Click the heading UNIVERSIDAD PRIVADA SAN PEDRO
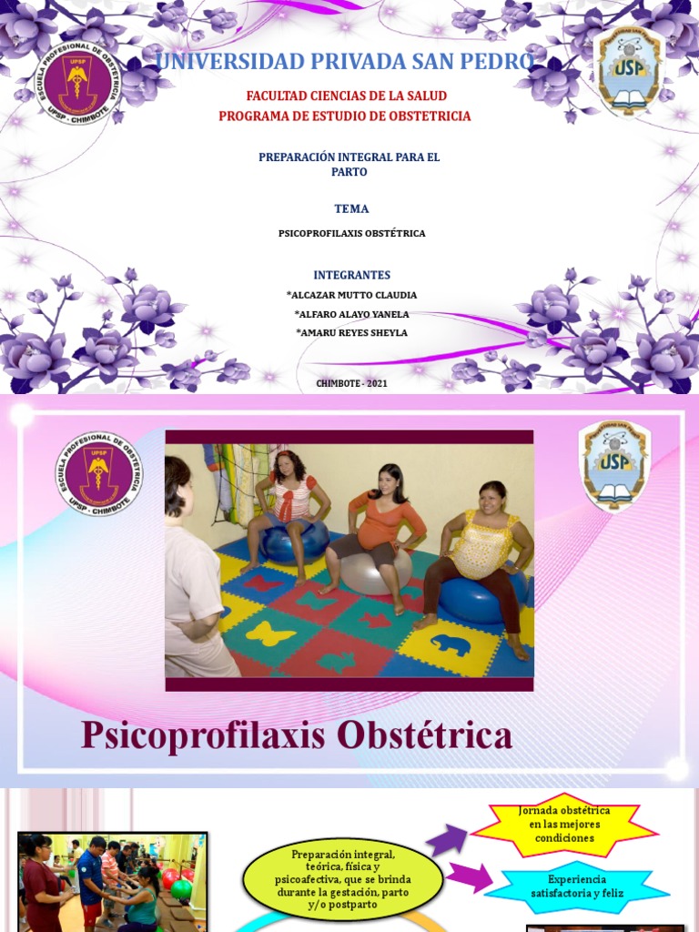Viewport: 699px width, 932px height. pos(345,62)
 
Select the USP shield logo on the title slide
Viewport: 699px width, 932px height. pos(628,72)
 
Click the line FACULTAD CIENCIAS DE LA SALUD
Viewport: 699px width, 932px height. pos(346,96)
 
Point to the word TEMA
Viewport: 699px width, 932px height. pos(351,208)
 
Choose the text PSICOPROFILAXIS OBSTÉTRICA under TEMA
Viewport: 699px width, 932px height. pos(351,234)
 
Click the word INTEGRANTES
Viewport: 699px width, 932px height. pos(351,275)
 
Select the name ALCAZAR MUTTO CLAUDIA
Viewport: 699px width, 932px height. pos(351,295)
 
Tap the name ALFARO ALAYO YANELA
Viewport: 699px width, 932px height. pos(351,314)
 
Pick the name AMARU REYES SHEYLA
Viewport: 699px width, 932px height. pos(351,333)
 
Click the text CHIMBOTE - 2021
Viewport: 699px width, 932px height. pos(351,383)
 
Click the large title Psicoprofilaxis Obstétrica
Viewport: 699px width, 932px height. pos(296,735)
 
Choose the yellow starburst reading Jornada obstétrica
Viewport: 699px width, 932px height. pos(564,824)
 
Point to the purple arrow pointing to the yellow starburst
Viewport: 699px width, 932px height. pos(447,837)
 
